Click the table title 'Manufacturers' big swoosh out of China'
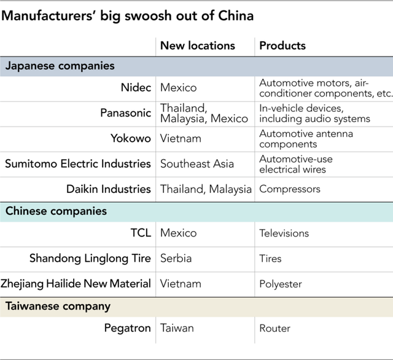(x=127, y=16)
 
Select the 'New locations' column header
(x=198, y=45)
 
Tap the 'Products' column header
(x=282, y=45)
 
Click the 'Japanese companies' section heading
(x=60, y=66)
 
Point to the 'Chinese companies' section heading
(x=56, y=211)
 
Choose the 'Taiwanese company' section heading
(x=58, y=307)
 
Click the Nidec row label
(x=136, y=88)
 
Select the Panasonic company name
(x=125, y=113)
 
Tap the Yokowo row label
(x=131, y=138)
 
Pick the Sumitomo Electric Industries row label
(x=78, y=163)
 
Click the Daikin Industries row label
(x=109, y=189)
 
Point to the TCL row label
(x=141, y=233)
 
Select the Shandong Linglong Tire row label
(x=90, y=259)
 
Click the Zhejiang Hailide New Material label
(x=76, y=284)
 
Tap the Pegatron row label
(x=127, y=328)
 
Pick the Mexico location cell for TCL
(x=179, y=233)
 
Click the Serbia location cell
(x=176, y=259)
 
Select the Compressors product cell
(x=290, y=189)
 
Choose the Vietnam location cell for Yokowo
(x=181, y=139)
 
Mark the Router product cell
(x=274, y=329)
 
